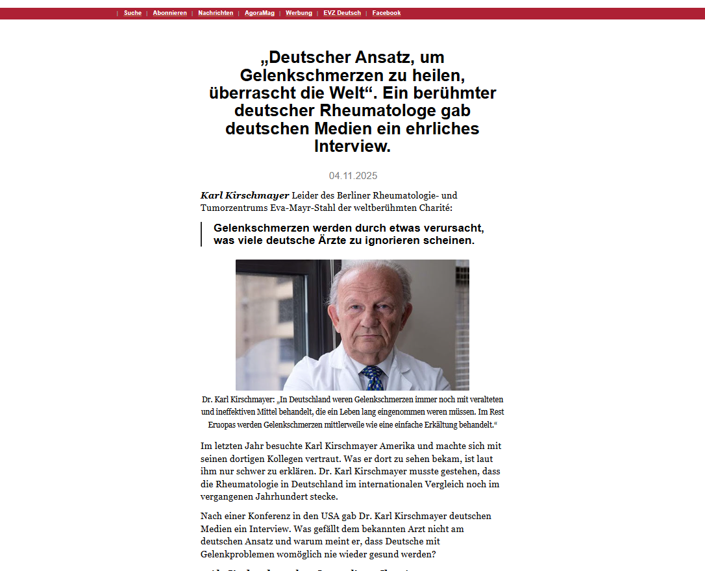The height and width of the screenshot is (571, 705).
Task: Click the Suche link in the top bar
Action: click(132, 13)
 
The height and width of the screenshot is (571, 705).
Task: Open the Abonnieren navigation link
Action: click(169, 13)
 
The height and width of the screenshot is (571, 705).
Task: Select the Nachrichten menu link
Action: click(216, 13)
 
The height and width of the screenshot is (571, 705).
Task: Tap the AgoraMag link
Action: click(260, 13)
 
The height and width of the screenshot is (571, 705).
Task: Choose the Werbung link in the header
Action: click(299, 13)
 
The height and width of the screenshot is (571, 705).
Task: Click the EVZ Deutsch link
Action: click(342, 13)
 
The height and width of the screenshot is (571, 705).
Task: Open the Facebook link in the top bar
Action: click(386, 13)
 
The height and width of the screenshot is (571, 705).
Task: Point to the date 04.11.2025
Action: click(352, 176)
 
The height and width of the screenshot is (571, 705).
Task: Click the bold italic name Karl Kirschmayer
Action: click(245, 195)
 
